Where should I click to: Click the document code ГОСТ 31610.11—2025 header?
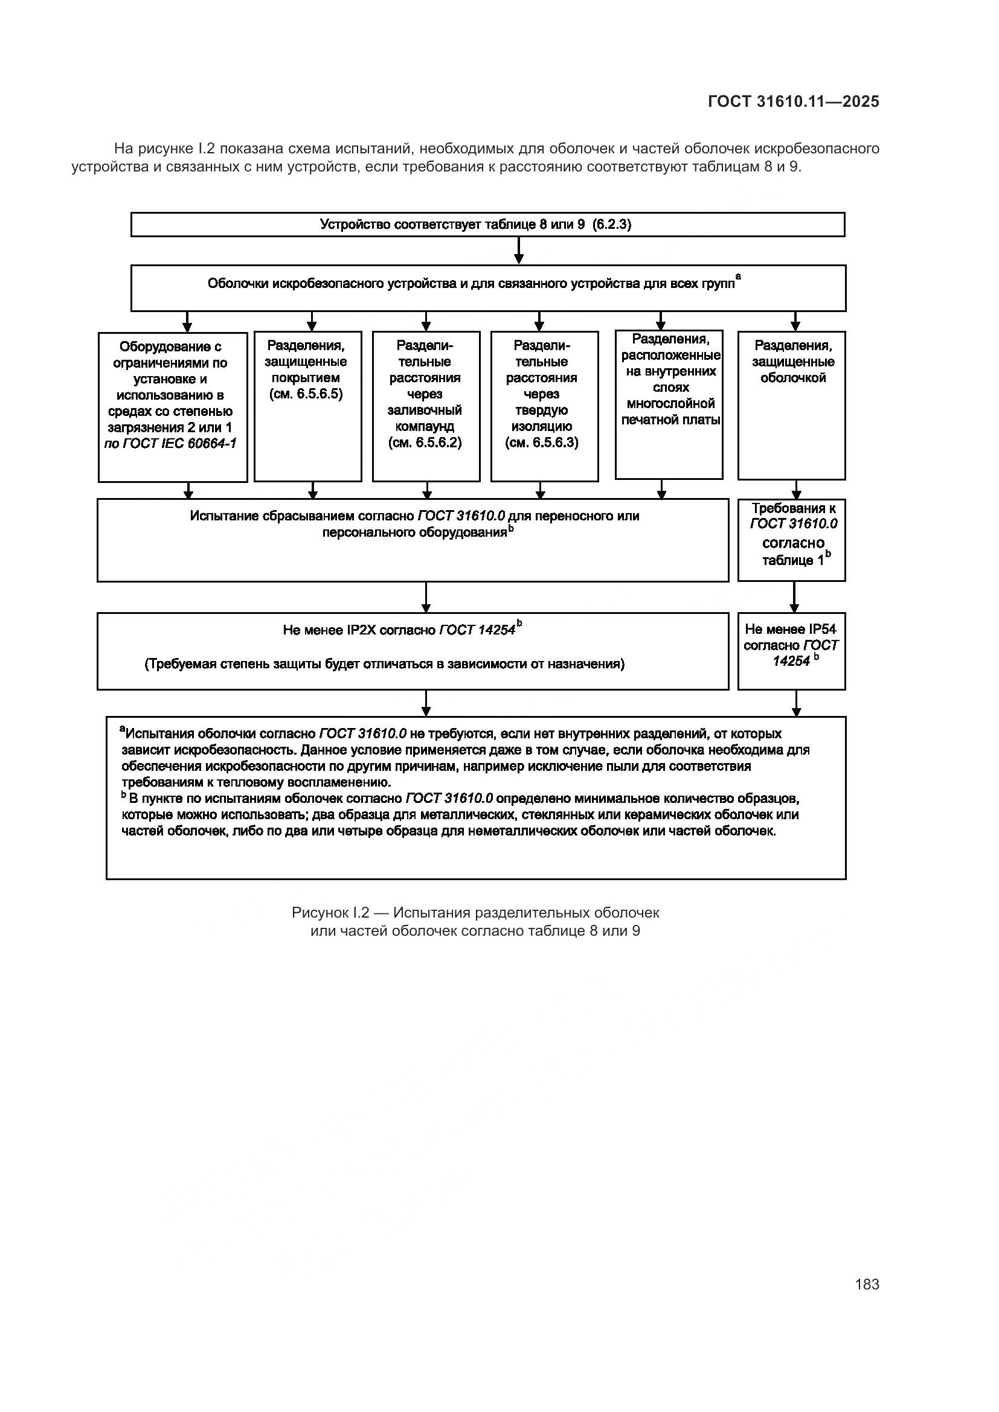point(793,101)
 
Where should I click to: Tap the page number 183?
point(867,1285)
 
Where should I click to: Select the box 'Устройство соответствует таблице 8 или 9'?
point(487,225)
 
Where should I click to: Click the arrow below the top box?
point(519,251)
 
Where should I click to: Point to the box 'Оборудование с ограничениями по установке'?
point(172,406)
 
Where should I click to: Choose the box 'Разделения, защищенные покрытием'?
point(307,406)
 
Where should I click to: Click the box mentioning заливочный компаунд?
point(426,406)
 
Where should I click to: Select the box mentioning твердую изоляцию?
point(544,406)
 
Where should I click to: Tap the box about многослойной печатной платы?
point(669,404)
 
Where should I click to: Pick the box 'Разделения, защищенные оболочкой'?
point(791,405)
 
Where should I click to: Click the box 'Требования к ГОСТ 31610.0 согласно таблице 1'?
point(791,540)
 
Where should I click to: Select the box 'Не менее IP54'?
point(791,651)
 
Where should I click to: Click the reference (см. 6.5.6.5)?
point(306,394)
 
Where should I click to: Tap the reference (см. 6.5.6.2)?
point(425,442)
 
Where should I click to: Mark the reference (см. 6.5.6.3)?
point(542,442)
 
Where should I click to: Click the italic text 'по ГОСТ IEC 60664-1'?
point(170,444)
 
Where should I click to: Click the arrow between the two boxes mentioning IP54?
point(794,596)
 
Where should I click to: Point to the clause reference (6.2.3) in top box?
point(611,225)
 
